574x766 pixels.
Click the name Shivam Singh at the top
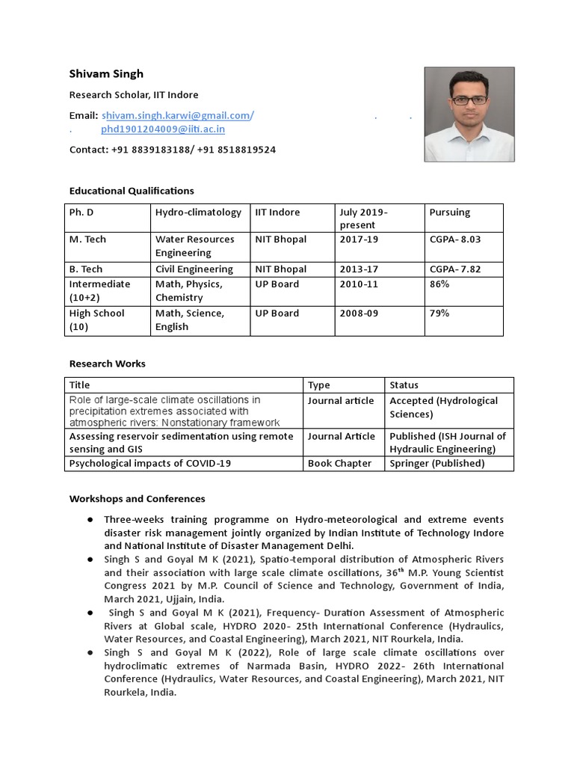coord(106,73)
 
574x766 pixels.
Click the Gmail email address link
coord(176,115)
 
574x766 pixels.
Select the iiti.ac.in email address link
coord(163,129)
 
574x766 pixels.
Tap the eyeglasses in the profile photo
coord(469,99)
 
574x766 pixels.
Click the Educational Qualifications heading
coord(132,191)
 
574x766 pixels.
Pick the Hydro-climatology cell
coord(198,212)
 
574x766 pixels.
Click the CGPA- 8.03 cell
coord(454,239)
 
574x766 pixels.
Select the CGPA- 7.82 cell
coord(454,269)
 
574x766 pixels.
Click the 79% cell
coord(439,313)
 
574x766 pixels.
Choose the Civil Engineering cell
coord(194,269)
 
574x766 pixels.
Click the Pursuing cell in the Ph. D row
coord(450,212)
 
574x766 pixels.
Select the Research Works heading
coord(108,364)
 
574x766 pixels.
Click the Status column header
coord(404,385)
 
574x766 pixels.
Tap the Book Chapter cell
coord(339,464)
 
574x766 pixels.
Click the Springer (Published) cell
coord(437,464)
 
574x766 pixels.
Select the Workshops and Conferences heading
coord(137,498)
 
